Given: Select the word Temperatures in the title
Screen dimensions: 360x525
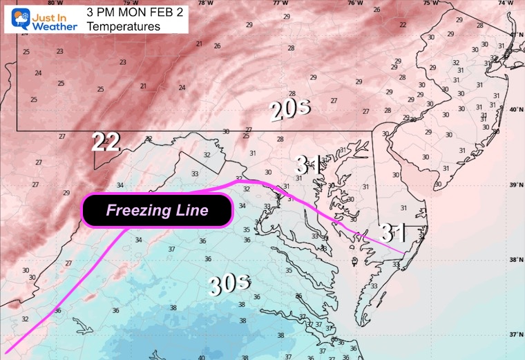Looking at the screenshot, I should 124,26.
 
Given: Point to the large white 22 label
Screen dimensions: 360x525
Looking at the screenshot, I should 106,142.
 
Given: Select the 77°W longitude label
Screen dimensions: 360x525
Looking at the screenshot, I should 280,3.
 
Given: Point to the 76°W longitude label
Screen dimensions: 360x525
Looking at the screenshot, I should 355,3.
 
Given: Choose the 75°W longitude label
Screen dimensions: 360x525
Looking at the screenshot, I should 430,3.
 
